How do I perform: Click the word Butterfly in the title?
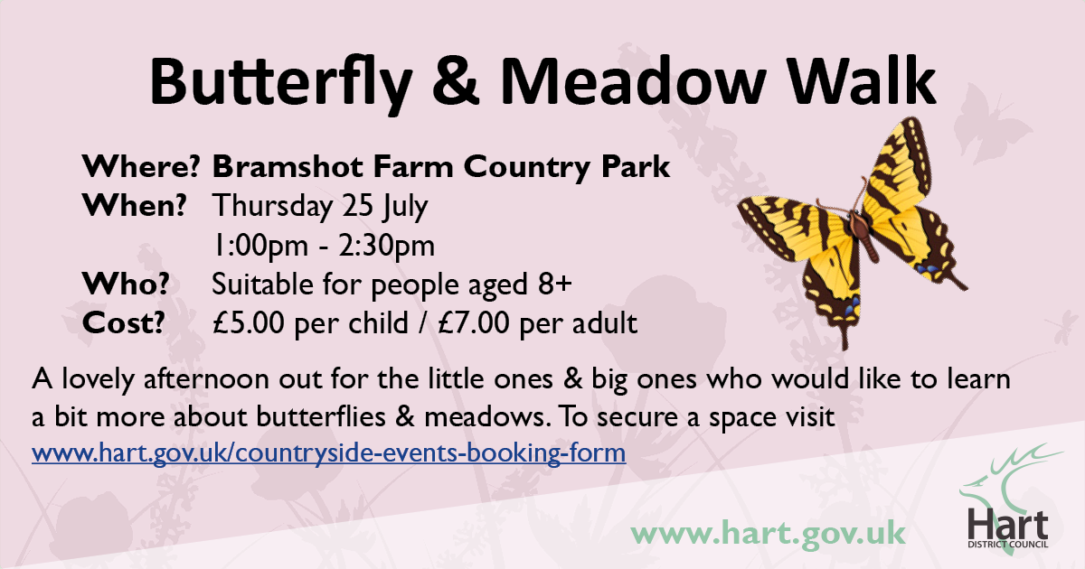click(281, 83)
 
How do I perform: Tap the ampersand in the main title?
click(456, 80)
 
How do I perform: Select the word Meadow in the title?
click(633, 80)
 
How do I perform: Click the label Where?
click(141, 166)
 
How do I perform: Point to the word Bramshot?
click(288, 166)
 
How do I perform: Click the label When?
click(134, 205)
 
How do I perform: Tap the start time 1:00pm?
click(260, 246)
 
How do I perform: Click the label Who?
click(126, 284)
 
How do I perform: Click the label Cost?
click(124, 322)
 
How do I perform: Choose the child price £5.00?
click(249, 322)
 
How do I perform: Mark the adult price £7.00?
click(473, 322)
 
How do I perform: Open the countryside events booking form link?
click(329, 453)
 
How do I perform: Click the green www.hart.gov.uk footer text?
click(769, 534)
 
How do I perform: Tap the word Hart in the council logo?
click(1008, 525)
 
